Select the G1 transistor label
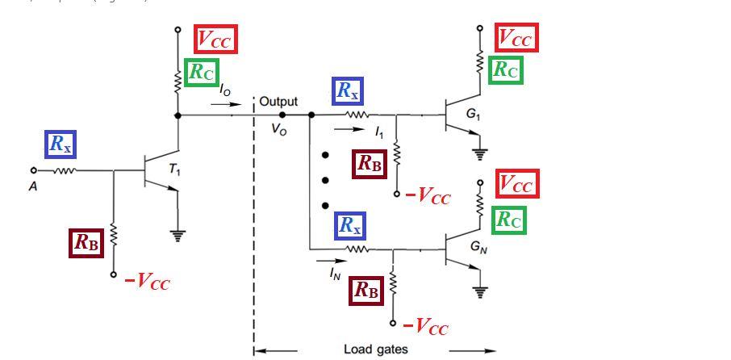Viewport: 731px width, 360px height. [x=473, y=115]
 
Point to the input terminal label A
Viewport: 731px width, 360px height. [x=33, y=185]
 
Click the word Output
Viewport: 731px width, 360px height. [x=278, y=102]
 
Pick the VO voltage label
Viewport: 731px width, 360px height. [x=278, y=130]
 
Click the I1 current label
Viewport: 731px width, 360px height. [x=379, y=132]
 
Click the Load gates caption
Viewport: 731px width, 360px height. [x=375, y=350]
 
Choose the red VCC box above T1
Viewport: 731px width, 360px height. [x=215, y=39]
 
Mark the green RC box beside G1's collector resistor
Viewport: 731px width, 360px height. [x=506, y=70]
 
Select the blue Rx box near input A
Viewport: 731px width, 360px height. [x=61, y=144]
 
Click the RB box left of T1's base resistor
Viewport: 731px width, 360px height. [x=86, y=242]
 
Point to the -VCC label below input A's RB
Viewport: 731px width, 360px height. [x=147, y=282]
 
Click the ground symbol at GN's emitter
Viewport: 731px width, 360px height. [x=481, y=291]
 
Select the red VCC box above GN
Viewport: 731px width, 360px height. [x=516, y=184]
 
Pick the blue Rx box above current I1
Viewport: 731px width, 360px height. [x=348, y=91]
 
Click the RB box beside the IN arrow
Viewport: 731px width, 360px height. [x=367, y=291]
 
